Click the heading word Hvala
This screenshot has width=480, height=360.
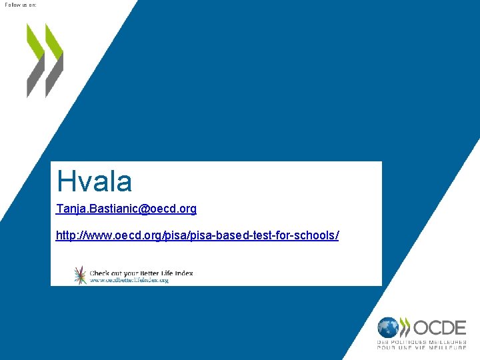point(94,181)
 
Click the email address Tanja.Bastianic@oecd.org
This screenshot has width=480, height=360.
point(127,209)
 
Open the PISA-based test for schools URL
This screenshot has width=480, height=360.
point(197,235)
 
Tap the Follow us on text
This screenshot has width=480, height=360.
point(21,5)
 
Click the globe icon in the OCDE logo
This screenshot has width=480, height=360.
point(387,327)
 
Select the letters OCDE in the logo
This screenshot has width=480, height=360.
point(439,328)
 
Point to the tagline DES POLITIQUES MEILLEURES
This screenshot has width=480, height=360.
point(421,342)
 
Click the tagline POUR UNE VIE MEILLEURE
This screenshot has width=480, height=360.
point(421,348)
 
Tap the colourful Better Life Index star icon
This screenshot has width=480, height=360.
point(80,275)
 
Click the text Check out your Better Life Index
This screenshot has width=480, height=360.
point(141,273)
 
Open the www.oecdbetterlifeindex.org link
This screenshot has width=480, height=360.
point(129,281)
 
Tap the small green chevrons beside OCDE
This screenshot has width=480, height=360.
point(405,327)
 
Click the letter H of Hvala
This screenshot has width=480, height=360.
point(65,181)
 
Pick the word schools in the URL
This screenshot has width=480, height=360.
point(317,235)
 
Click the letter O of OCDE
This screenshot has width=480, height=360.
point(422,328)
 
